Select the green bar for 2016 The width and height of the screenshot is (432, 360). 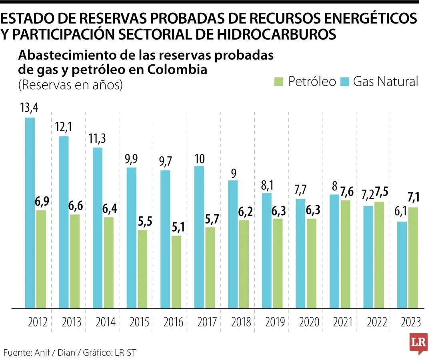click(x=176, y=272)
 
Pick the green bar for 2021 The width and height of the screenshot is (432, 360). click(x=345, y=254)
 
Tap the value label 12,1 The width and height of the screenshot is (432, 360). click(x=64, y=128)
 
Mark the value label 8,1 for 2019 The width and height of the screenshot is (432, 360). click(x=266, y=184)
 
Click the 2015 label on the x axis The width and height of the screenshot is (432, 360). click(x=140, y=322)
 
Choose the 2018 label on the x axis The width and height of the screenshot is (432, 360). click(x=241, y=322)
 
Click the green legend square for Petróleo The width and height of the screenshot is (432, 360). click(x=278, y=82)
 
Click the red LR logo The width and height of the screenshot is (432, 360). click(x=418, y=343)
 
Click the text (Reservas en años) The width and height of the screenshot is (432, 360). click(x=70, y=85)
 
